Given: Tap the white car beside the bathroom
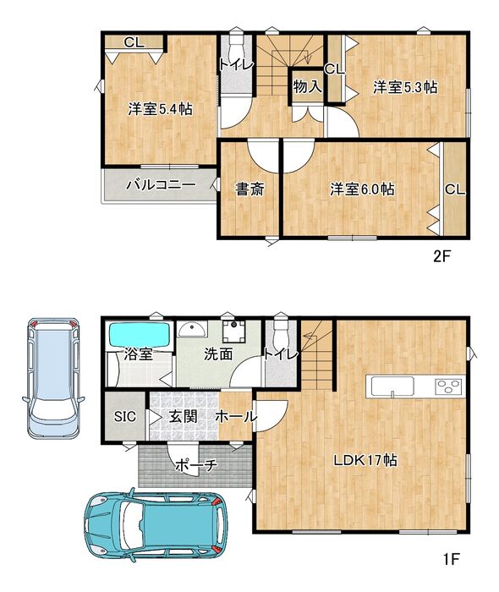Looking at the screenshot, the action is (54, 377).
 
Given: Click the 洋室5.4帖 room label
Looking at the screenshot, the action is (160, 109).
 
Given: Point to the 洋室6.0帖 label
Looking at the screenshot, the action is (362, 189).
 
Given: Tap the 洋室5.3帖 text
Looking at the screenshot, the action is (405, 87).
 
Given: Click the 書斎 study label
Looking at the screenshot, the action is (249, 189).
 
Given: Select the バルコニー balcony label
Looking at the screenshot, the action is (161, 185).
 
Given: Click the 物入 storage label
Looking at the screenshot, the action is (308, 86).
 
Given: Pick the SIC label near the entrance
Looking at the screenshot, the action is (125, 416).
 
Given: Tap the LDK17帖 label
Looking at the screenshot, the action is (365, 460).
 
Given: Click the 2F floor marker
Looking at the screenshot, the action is (442, 257).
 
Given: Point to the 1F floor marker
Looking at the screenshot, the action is (451, 558).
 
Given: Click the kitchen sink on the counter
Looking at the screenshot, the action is (392, 386).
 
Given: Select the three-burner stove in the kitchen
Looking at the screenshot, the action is (448, 386).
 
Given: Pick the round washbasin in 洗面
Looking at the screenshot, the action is (192, 329).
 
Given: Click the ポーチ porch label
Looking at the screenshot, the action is (196, 465).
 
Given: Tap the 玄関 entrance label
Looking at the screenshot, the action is (183, 416).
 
